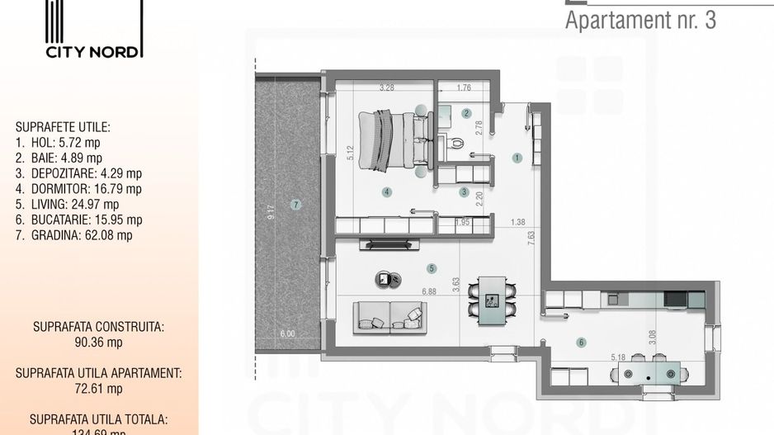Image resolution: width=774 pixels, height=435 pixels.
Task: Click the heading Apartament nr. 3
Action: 640,21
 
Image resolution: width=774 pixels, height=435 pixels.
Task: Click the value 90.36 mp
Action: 99,342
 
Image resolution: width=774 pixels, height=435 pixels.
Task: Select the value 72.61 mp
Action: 99,388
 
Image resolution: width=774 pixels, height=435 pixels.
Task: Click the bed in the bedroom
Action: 392,140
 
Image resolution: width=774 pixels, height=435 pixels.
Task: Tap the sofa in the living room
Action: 390,318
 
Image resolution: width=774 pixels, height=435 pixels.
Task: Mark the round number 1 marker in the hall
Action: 517,157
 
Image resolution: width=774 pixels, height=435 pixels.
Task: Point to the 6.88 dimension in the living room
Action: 429,291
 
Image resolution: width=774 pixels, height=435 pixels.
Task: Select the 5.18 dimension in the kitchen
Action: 620,357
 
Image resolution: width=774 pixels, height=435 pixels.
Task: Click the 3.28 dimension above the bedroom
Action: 386,87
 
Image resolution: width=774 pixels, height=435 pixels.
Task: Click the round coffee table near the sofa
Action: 385,279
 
